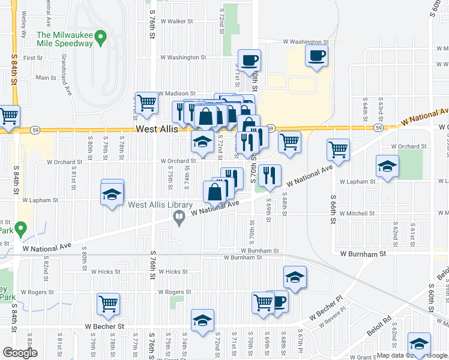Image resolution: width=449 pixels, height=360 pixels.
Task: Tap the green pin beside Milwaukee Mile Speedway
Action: pos(101,40)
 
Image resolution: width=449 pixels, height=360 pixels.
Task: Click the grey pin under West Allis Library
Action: pos(178,220)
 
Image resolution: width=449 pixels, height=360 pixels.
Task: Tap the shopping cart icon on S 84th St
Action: pos(8,116)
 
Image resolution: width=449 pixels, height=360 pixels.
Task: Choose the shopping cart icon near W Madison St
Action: pos(146,103)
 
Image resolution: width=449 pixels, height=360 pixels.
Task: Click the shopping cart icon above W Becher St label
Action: pos(109,304)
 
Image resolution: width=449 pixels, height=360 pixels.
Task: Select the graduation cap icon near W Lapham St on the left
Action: pos(112,194)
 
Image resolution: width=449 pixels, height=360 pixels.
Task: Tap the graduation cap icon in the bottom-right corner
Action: pos(418,343)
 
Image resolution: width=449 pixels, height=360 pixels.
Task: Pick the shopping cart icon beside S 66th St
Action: pos(339,149)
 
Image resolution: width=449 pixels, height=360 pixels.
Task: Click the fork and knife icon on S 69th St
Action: pos(270,175)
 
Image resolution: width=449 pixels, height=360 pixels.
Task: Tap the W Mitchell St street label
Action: pos(357,213)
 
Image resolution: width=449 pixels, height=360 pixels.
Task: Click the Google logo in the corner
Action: pos(20,353)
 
